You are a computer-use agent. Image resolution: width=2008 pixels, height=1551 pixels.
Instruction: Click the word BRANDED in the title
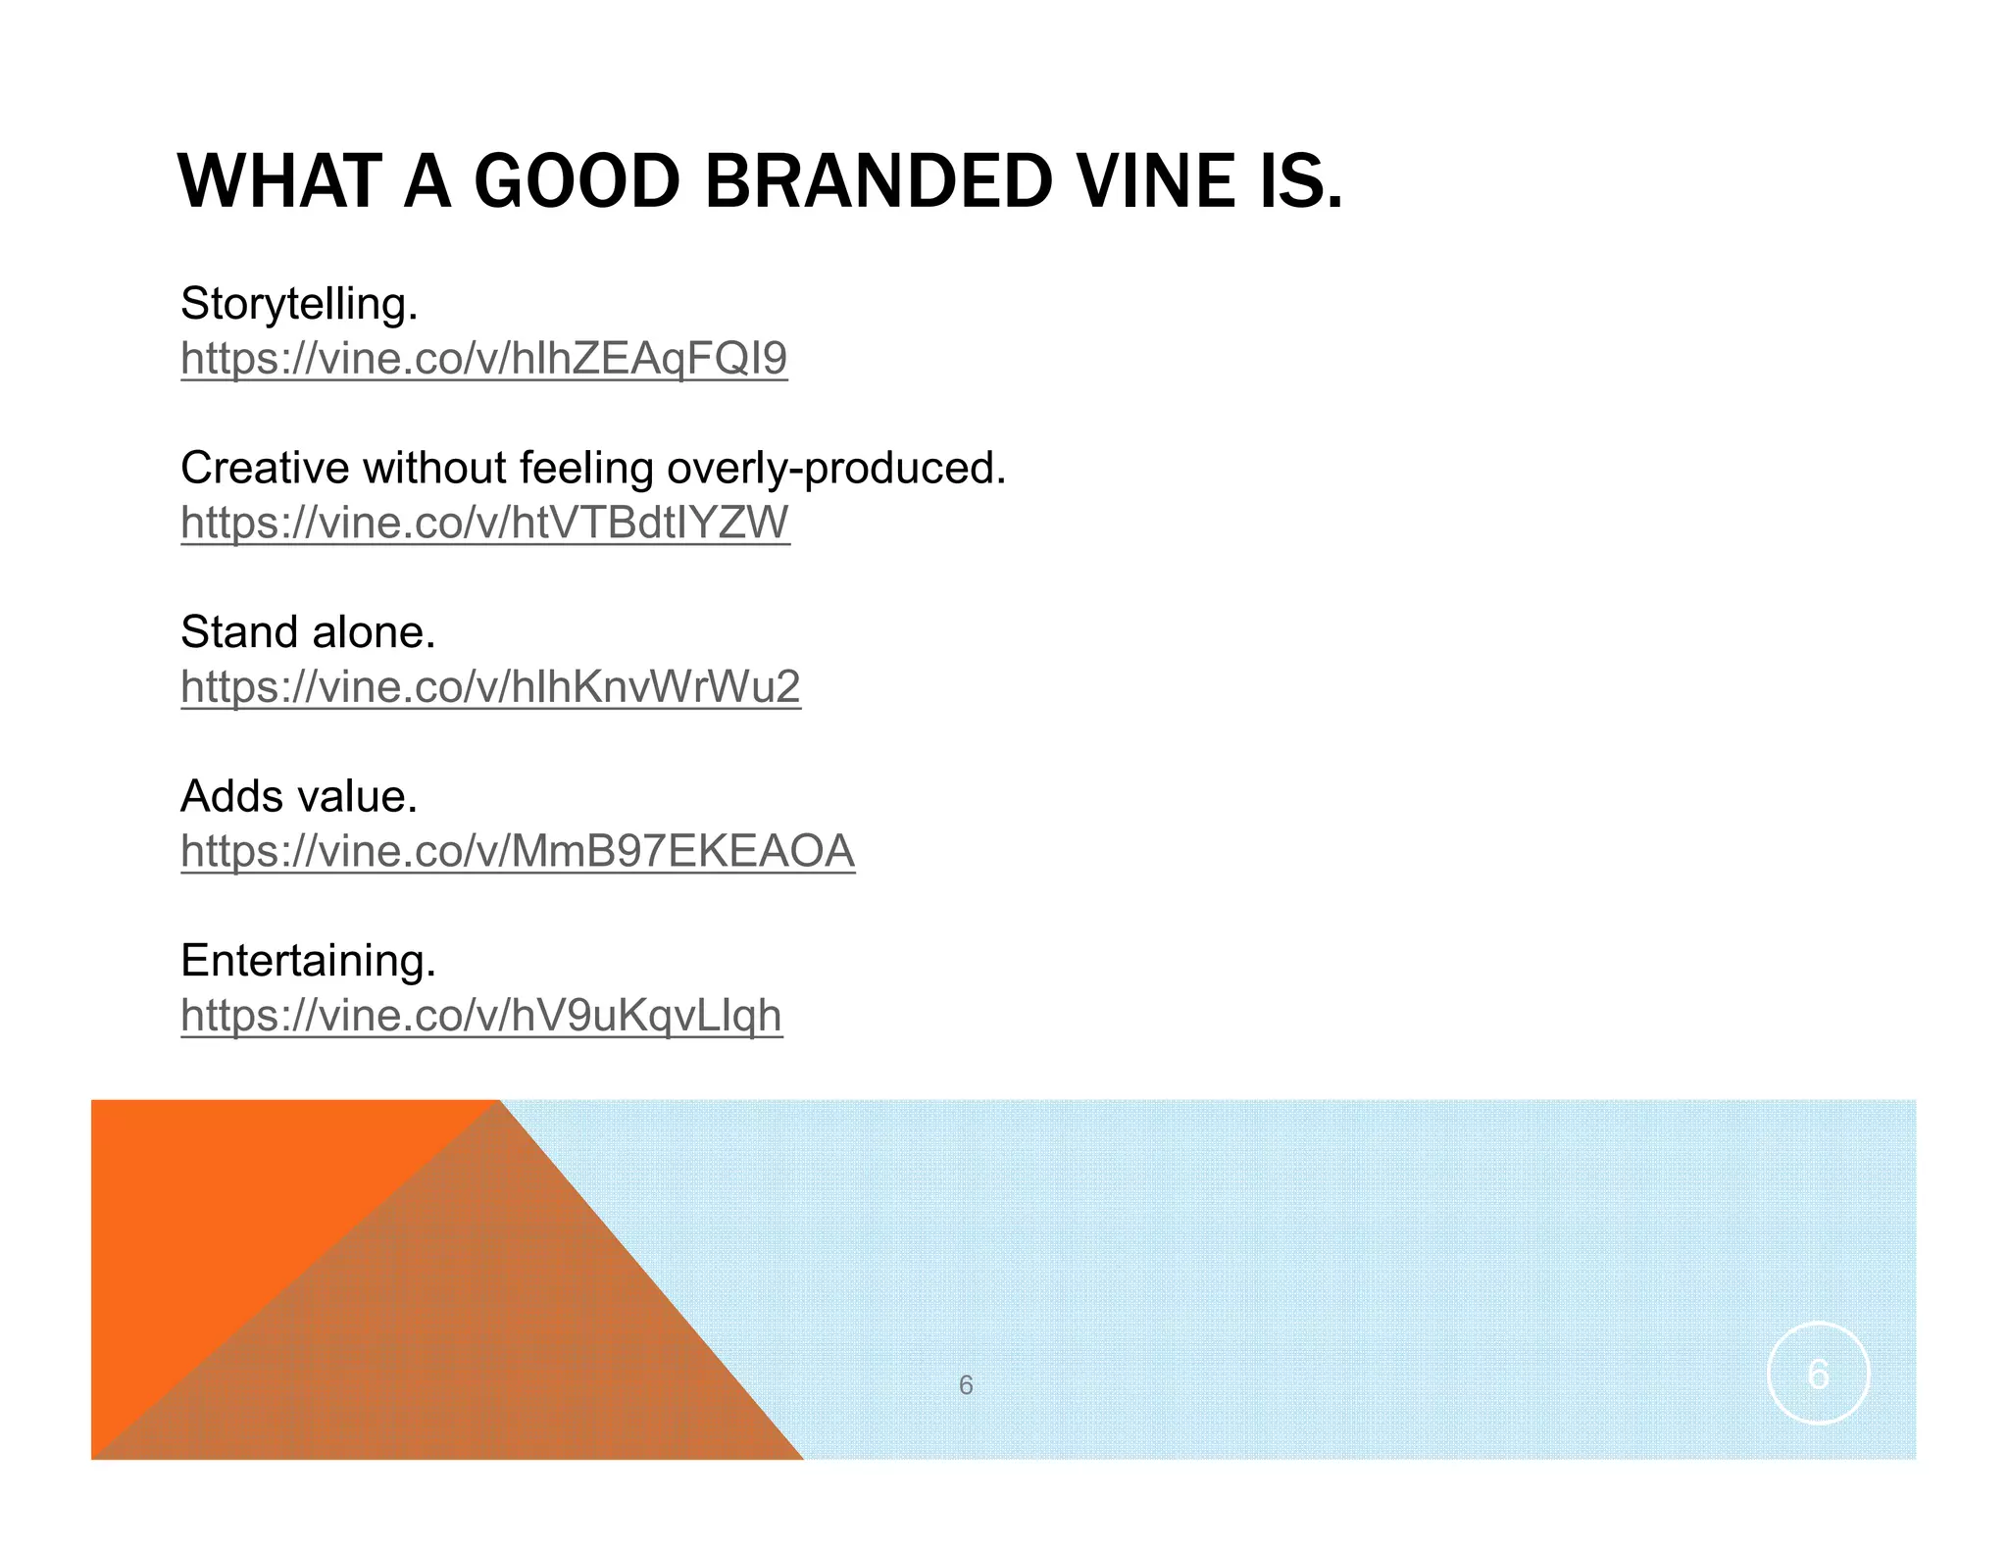(x=878, y=182)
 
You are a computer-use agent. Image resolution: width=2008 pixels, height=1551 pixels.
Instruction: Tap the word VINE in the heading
(x=1155, y=182)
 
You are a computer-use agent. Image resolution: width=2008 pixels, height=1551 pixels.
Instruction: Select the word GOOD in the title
(x=577, y=182)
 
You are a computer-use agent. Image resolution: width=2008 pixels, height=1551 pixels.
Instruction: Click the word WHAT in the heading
(x=278, y=182)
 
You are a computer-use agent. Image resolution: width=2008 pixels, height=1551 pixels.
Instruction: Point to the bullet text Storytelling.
(x=299, y=304)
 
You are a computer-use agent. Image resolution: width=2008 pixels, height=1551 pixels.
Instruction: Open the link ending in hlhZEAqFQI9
(x=484, y=359)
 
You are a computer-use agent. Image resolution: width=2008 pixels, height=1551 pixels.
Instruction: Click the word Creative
(x=264, y=468)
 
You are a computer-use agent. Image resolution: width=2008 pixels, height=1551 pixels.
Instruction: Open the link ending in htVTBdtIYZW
(x=485, y=523)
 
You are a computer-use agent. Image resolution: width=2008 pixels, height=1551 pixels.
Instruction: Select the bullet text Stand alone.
(x=308, y=632)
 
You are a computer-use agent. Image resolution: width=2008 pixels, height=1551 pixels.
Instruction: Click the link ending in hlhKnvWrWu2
(x=490, y=687)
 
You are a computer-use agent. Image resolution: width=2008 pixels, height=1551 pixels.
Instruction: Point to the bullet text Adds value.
(x=299, y=796)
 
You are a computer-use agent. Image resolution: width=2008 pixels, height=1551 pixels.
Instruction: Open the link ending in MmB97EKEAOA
(x=518, y=851)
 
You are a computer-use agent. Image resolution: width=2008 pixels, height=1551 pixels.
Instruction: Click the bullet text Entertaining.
(x=308, y=961)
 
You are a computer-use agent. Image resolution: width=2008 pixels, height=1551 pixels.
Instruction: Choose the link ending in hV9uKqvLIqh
(x=481, y=1016)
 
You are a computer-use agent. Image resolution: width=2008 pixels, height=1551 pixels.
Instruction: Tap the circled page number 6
(x=1818, y=1374)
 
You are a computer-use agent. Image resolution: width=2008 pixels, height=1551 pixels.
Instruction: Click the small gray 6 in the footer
(x=966, y=1385)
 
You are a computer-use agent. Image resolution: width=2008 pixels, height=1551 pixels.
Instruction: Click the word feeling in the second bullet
(x=586, y=468)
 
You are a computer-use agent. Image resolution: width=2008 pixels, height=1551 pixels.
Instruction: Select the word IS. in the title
(x=1301, y=182)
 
